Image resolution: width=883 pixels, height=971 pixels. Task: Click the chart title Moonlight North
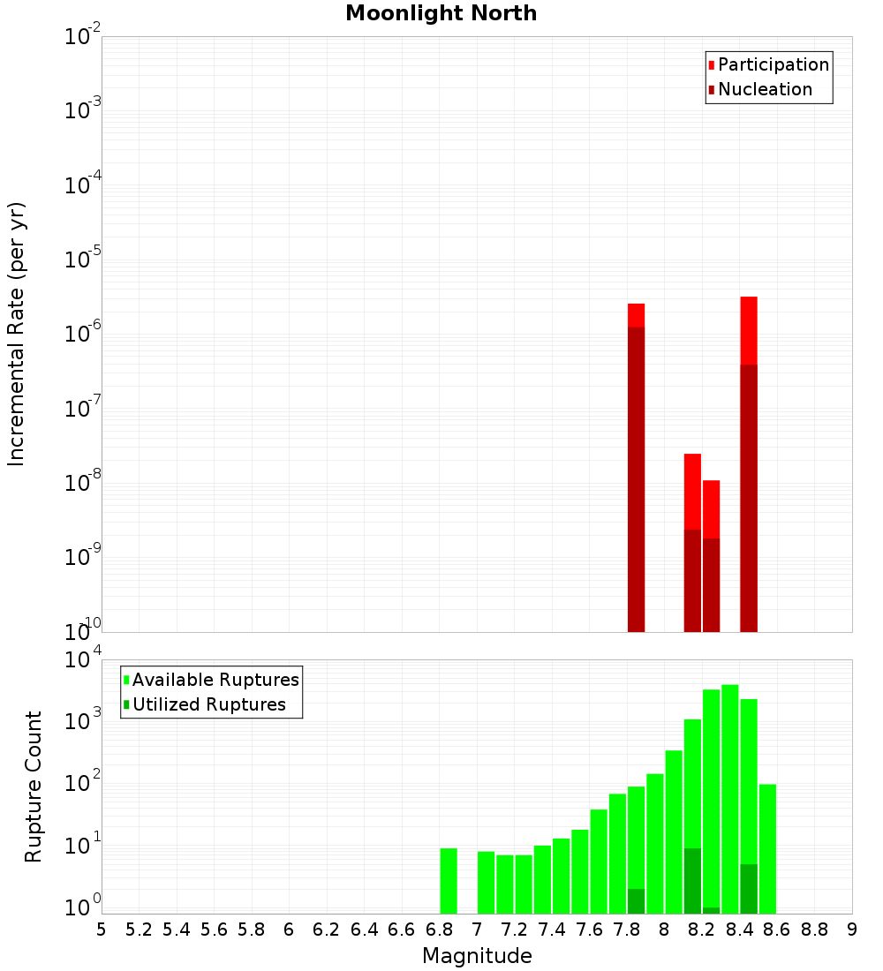tap(441, 13)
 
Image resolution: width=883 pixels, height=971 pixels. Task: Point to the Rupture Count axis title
tap(34, 786)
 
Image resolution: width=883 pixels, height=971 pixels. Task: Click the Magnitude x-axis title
tap(477, 956)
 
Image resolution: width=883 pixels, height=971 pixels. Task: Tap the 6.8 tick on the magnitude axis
tap(440, 930)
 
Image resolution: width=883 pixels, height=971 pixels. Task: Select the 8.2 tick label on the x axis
tap(702, 930)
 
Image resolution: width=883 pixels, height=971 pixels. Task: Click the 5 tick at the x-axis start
tap(102, 930)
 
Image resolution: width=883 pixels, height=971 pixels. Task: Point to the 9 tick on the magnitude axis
tap(852, 930)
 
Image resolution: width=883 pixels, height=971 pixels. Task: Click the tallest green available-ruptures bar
tap(730, 794)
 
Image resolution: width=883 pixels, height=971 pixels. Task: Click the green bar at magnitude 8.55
tap(767, 847)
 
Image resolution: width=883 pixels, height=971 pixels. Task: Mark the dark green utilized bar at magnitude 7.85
tap(636, 900)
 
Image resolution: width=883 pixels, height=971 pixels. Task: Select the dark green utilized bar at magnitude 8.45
tap(749, 888)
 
